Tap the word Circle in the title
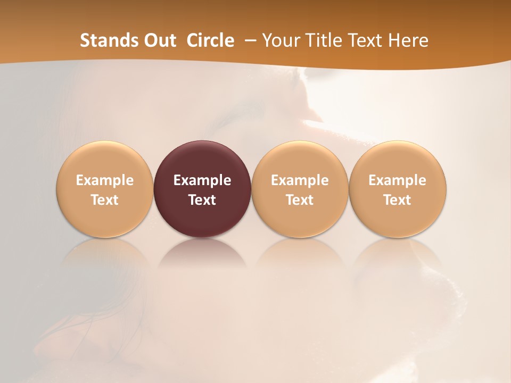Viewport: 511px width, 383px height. pos(210,40)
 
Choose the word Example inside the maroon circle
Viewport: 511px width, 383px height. pos(202,180)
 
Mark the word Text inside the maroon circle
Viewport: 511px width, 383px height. pos(202,200)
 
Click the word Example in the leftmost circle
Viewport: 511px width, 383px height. pos(105,180)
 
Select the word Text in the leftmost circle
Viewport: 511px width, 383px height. pos(105,200)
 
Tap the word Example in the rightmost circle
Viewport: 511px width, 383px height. pos(397,180)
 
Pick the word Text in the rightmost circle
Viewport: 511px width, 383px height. pos(397,200)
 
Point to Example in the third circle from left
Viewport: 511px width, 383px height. pos(300,180)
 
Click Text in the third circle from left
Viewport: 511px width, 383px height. pos(300,200)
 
